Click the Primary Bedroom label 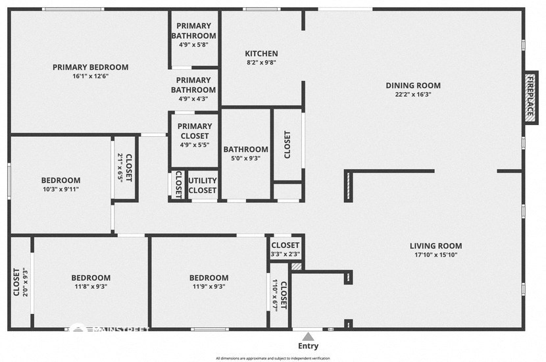tap(90, 67)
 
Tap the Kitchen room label tap(261, 54)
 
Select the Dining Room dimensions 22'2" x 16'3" tap(413, 94)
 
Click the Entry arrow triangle tap(308, 336)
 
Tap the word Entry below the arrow tap(308, 346)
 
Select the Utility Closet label tap(203, 186)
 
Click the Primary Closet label tap(195, 131)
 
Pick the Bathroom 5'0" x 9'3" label tap(245, 149)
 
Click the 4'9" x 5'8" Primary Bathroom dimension tap(193, 45)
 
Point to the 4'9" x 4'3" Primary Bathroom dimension tap(193, 99)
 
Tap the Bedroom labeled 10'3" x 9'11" tap(61, 180)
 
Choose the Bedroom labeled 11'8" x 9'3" tap(91, 278)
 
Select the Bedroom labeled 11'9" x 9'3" tap(209, 278)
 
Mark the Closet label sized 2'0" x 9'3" tap(16, 282)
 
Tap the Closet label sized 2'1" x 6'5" tap(128, 168)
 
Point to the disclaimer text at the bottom tap(272, 358)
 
